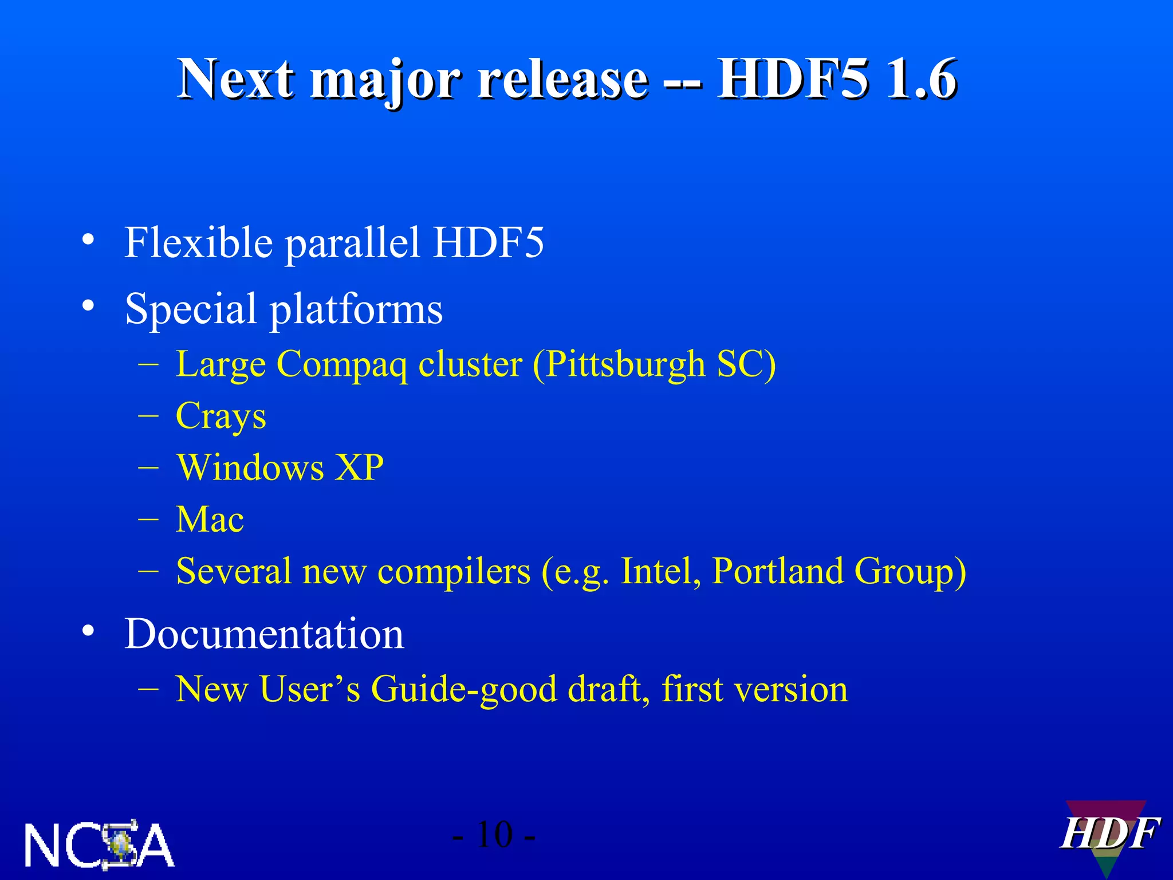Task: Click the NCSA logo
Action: [99, 845]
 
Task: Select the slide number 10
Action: [494, 835]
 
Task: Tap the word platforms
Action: [356, 309]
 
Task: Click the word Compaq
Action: [342, 365]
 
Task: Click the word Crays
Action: [221, 416]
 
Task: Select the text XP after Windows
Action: [359, 467]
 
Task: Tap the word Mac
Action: [210, 520]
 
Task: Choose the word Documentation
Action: [264, 634]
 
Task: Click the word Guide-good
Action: [463, 689]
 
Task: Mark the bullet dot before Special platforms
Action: [88, 305]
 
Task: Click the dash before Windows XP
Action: [148, 467]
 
